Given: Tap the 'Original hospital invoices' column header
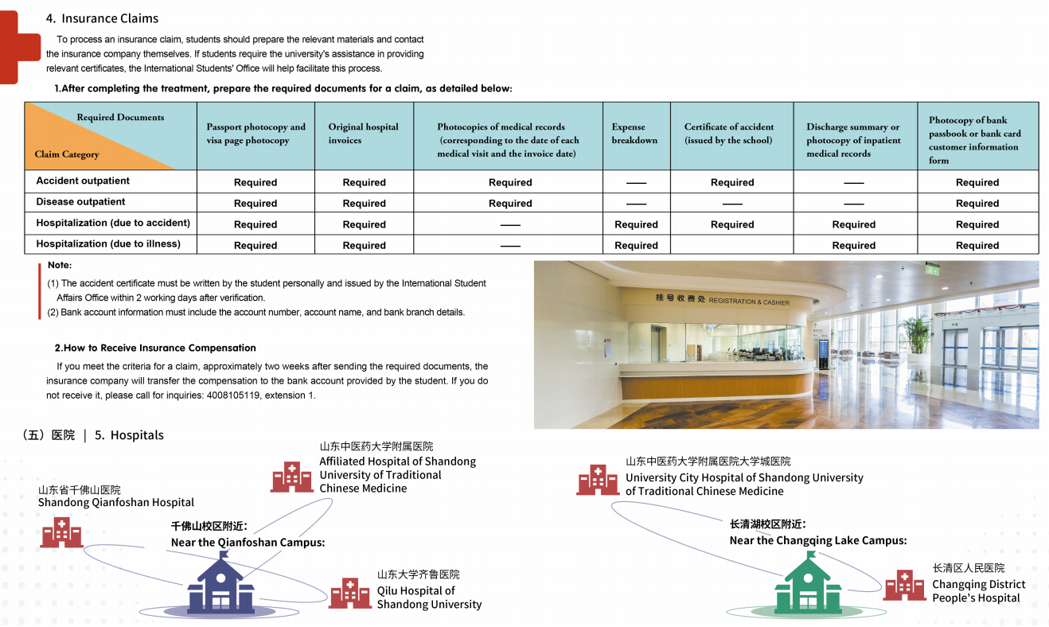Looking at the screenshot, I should pyautogui.click(x=363, y=134).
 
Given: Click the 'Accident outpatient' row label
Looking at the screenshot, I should pyautogui.click(x=83, y=181).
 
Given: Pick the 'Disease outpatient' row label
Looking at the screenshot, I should pyautogui.click(x=80, y=202).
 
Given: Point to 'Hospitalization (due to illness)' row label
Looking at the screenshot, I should pyautogui.click(x=108, y=244).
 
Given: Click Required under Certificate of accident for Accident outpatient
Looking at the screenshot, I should pyautogui.click(x=731, y=182).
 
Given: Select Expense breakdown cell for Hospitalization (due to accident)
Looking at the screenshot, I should pyautogui.click(x=636, y=224).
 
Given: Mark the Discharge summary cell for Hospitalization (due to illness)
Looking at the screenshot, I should pyautogui.click(x=853, y=246).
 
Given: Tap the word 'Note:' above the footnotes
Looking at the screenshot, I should pyautogui.click(x=60, y=265).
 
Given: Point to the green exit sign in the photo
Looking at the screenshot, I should pyautogui.click(x=932, y=270).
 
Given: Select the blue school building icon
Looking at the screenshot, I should pyautogui.click(x=220, y=583).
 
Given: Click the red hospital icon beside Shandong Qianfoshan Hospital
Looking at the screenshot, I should pyautogui.click(x=61, y=532).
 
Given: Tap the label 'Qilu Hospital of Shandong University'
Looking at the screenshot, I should pyautogui.click(x=429, y=598).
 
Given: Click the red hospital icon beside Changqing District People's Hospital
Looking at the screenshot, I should pyautogui.click(x=904, y=585).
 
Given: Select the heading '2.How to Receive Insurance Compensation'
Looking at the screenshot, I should pyautogui.click(x=155, y=348).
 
